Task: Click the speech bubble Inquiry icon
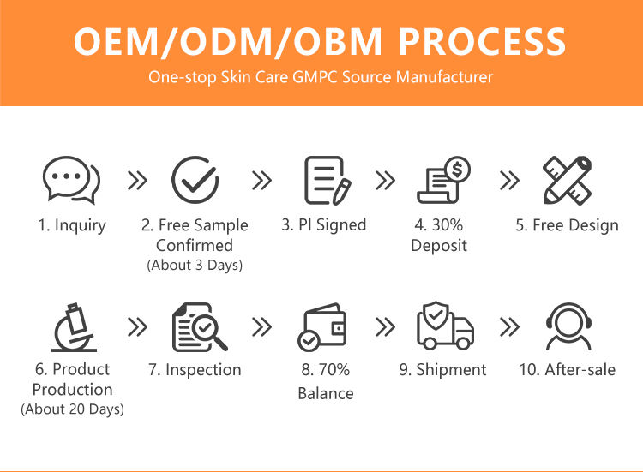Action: (71, 179)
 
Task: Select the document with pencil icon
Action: (328, 180)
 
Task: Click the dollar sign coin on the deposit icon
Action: (458, 169)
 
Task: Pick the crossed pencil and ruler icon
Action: (568, 180)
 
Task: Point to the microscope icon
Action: (75, 328)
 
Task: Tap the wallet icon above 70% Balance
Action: (322, 327)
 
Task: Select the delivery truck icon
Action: (445, 326)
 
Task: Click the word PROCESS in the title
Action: (482, 41)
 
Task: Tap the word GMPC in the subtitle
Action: (315, 77)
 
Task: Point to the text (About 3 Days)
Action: (195, 265)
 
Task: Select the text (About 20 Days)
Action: (73, 409)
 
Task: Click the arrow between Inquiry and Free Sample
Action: (137, 180)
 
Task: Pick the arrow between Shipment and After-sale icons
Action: (509, 326)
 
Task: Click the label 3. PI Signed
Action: (323, 225)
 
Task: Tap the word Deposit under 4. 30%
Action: (439, 246)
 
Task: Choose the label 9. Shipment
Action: (443, 370)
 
